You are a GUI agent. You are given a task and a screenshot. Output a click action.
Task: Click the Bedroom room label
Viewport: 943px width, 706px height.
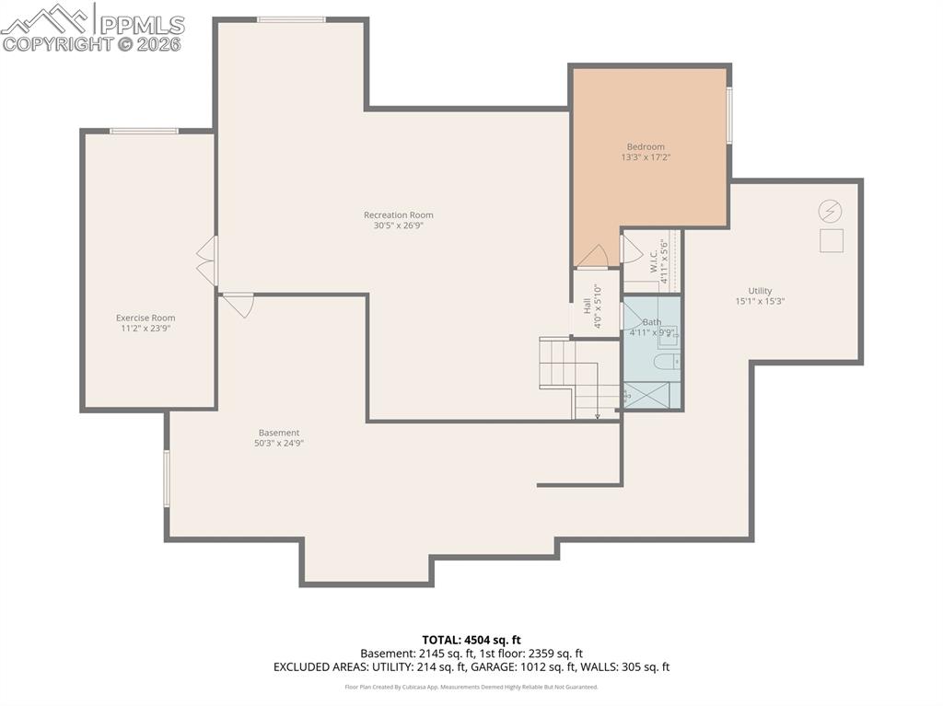[x=645, y=146]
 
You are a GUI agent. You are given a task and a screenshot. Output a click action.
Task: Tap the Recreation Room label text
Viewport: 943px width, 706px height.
[x=398, y=215]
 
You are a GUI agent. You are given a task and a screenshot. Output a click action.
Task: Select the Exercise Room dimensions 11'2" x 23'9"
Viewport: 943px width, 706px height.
[x=146, y=329]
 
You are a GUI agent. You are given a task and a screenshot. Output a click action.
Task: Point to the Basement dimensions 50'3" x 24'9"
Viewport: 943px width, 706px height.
[x=279, y=443]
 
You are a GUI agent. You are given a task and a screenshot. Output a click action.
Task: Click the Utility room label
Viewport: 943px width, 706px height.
[x=760, y=291]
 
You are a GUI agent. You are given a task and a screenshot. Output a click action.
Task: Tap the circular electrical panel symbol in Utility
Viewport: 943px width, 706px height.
[x=830, y=212]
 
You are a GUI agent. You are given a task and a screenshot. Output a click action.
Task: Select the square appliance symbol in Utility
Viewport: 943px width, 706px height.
[x=831, y=240]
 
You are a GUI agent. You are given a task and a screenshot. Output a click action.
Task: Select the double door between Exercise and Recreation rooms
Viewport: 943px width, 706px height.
[x=207, y=261]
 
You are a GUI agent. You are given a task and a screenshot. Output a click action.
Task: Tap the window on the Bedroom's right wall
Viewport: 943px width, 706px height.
[x=728, y=115]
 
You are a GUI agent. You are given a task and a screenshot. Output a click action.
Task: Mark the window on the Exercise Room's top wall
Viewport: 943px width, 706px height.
[x=144, y=131]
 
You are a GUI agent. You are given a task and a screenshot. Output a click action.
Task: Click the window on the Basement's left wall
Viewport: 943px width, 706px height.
[x=167, y=477]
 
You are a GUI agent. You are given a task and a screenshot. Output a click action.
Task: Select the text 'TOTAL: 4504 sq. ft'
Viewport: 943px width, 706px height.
[x=471, y=640]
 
